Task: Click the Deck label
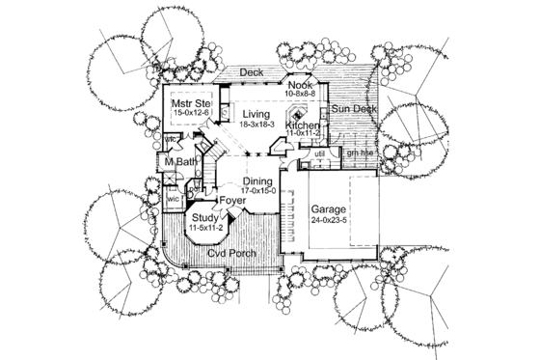pyautogui.click(x=252, y=72)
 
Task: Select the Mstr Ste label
pyautogui.click(x=191, y=102)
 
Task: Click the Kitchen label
pyautogui.click(x=302, y=126)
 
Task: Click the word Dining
pyautogui.click(x=257, y=180)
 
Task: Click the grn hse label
pyautogui.click(x=360, y=153)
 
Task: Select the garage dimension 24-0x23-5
pyautogui.click(x=333, y=220)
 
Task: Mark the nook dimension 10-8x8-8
pyautogui.click(x=300, y=95)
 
